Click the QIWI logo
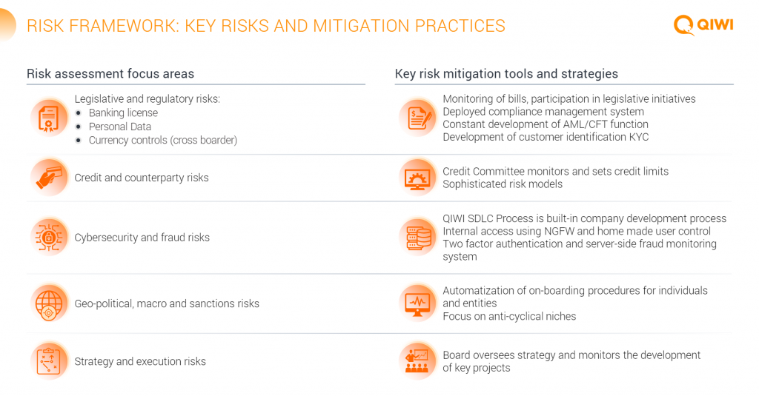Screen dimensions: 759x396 pyautogui.click(x=703, y=24)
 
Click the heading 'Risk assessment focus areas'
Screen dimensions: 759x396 pyautogui.click(x=110, y=73)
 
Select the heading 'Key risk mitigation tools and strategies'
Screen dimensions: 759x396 pyautogui.click(x=506, y=73)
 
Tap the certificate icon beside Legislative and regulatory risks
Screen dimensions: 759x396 pyautogui.click(x=48, y=118)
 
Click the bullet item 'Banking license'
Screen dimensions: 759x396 pyautogui.click(x=123, y=113)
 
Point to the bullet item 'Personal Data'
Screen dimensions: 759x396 pyautogui.click(x=119, y=127)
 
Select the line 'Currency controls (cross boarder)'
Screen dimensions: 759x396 pyautogui.click(x=162, y=140)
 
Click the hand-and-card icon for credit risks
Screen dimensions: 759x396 pyautogui.click(x=49, y=178)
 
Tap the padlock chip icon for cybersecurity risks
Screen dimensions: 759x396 pyautogui.click(x=49, y=237)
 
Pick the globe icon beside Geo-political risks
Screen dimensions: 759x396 pyautogui.click(x=49, y=303)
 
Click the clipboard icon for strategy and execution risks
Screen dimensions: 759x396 pyautogui.click(x=48, y=361)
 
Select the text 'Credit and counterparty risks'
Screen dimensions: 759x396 pyautogui.click(x=142, y=178)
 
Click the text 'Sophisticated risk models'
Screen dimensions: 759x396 pyautogui.click(x=503, y=184)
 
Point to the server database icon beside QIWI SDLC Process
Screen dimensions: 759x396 pyautogui.click(x=418, y=238)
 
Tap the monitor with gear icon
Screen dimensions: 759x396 pyautogui.click(x=417, y=178)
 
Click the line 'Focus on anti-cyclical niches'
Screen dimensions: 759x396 pyautogui.click(x=509, y=316)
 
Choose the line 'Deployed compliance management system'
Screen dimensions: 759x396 pyautogui.click(x=543, y=112)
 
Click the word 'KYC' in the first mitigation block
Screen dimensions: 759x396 pyautogui.click(x=638, y=137)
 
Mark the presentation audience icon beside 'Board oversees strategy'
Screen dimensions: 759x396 pyautogui.click(x=417, y=361)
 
